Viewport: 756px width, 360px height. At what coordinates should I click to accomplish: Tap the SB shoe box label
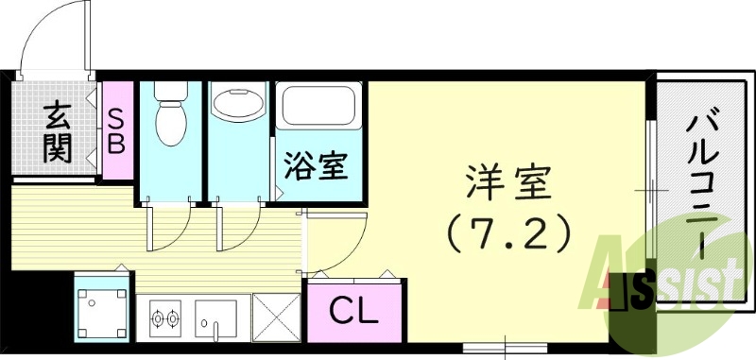[x=118, y=131]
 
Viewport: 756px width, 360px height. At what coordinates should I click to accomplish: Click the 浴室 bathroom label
[x=318, y=166]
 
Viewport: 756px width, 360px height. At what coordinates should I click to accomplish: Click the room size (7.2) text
[x=508, y=232]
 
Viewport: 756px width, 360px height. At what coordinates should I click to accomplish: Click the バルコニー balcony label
[x=703, y=181]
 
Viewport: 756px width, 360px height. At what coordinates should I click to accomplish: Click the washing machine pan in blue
[x=100, y=306]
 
